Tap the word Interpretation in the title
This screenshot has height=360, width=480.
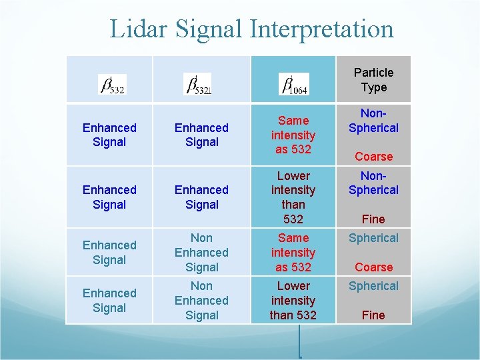(x=321, y=29)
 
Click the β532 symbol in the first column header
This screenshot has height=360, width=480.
(x=112, y=84)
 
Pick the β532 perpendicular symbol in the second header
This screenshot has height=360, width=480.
(x=197, y=84)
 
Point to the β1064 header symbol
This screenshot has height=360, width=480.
(x=293, y=84)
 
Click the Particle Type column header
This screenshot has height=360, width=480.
(x=373, y=79)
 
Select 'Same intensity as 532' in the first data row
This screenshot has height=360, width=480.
(x=293, y=135)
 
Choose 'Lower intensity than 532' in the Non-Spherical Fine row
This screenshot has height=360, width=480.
(x=293, y=197)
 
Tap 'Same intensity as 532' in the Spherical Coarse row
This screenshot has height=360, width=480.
(x=293, y=252)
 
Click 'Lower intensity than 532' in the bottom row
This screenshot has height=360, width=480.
(x=293, y=300)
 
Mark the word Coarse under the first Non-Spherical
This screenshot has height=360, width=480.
(x=373, y=157)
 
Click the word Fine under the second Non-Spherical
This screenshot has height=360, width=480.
(x=373, y=219)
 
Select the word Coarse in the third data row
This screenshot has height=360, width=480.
(x=373, y=267)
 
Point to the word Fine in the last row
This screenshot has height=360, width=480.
(x=373, y=315)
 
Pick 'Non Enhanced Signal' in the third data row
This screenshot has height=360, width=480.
(x=201, y=252)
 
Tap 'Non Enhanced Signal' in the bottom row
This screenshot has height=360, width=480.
(x=201, y=300)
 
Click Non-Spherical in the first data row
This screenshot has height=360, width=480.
(x=373, y=121)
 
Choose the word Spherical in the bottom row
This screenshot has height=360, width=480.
(x=373, y=286)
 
